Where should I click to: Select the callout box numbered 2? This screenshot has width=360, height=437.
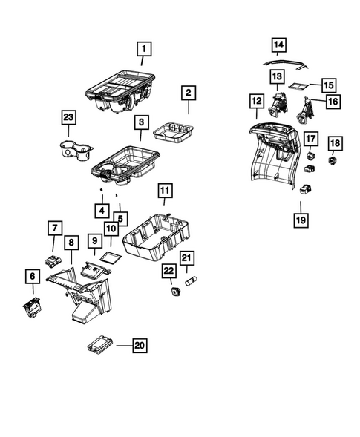(189, 93)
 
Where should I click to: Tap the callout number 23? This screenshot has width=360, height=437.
(69, 117)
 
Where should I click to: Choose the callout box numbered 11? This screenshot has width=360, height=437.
(165, 191)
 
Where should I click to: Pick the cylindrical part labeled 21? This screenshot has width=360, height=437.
(190, 282)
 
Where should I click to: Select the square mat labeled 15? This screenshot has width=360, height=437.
(300, 86)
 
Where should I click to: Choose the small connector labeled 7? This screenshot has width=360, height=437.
(53, 260)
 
